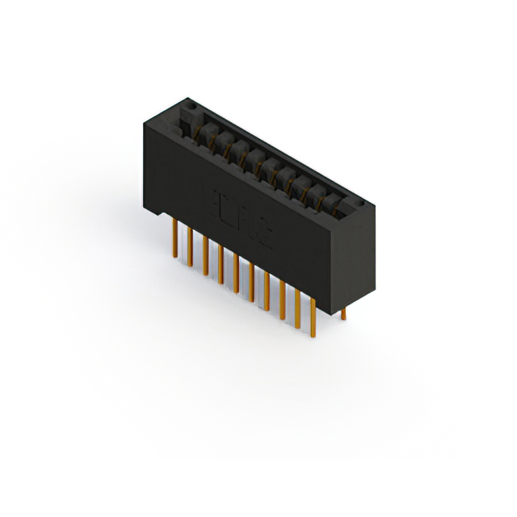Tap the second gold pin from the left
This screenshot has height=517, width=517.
click(x=190, y=247)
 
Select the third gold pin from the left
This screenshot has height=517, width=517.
click(x=205, y=256)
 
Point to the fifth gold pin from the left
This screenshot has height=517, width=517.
click(x=236, y=274)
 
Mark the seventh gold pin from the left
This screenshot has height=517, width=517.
click(x=267, y=292)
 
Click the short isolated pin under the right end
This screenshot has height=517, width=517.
click(x=343, y=313)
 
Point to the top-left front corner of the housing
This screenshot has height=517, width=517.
click(x=144, y=123)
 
